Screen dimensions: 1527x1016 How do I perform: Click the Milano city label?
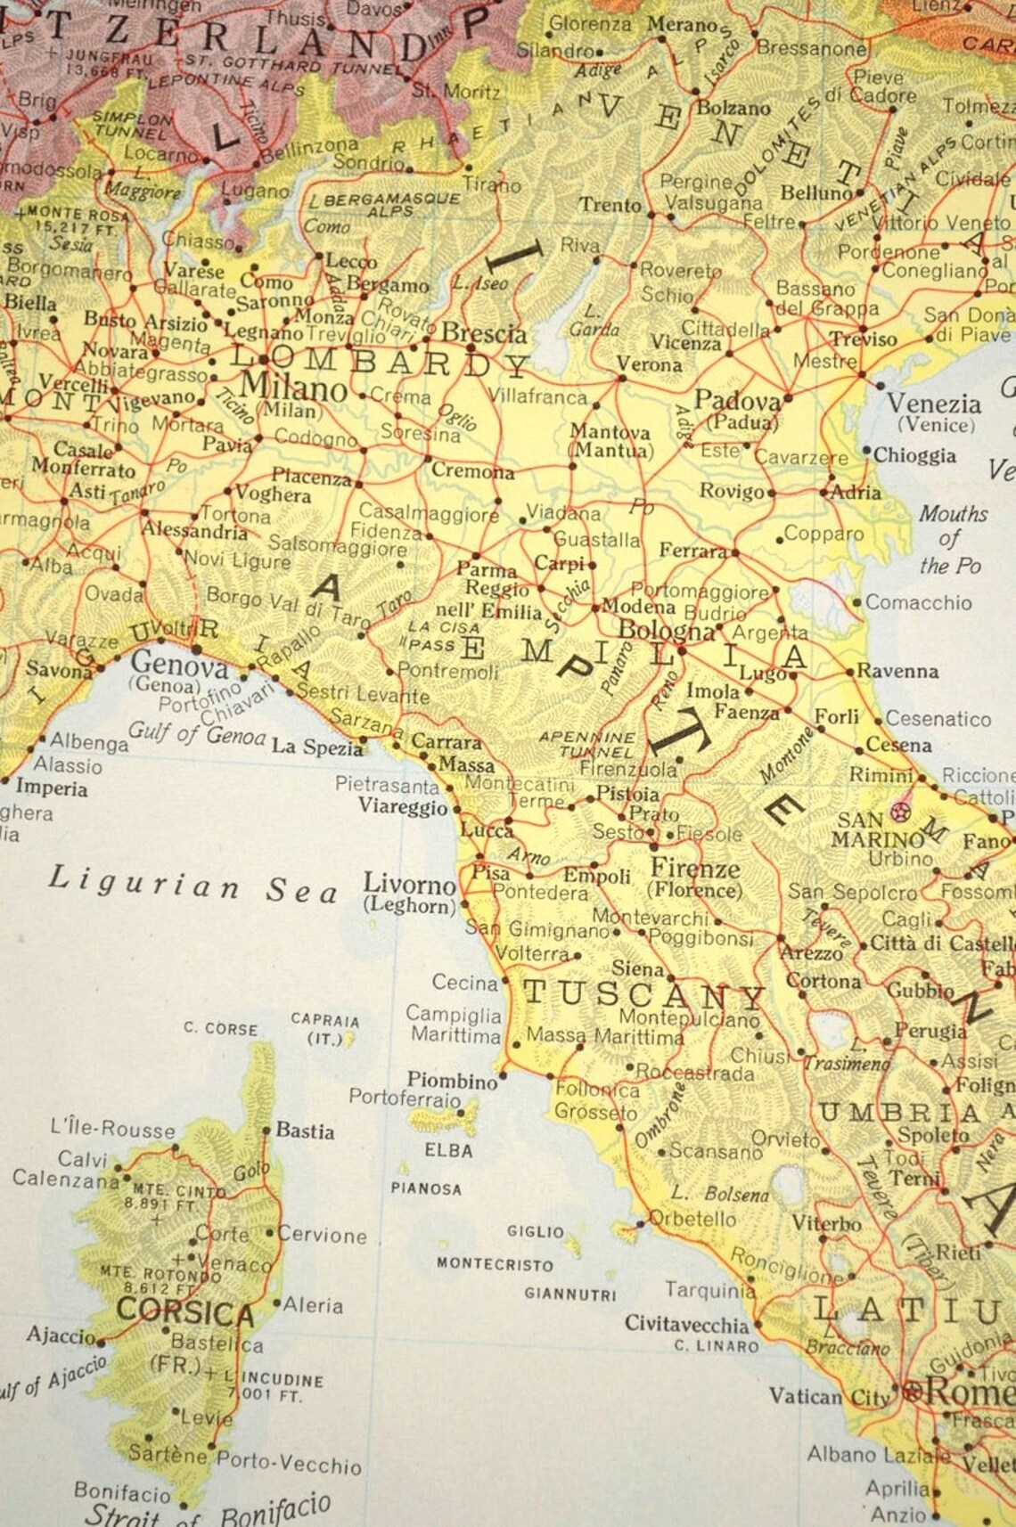(293, 388)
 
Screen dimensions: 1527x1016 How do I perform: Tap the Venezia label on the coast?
(933, 404)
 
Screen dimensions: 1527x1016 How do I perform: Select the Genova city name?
(180, 663)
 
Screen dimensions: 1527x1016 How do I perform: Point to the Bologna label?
(666, 630)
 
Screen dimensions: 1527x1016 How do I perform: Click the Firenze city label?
(695, 868)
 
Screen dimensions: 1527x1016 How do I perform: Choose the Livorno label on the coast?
(409, 885)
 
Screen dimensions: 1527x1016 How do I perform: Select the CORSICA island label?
(185, 1311)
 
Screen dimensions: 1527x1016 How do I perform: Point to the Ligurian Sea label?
(193, 884)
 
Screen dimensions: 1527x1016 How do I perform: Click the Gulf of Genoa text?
(197, 734)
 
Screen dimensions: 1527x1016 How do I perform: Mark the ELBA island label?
(448, 1150)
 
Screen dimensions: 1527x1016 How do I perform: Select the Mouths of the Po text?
(951, 539)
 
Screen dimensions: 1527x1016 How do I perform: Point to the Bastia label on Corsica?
(305, 1131)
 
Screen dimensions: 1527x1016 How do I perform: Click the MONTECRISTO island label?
(495, 1263)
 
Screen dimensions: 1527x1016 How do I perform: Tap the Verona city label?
(649, 364)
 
